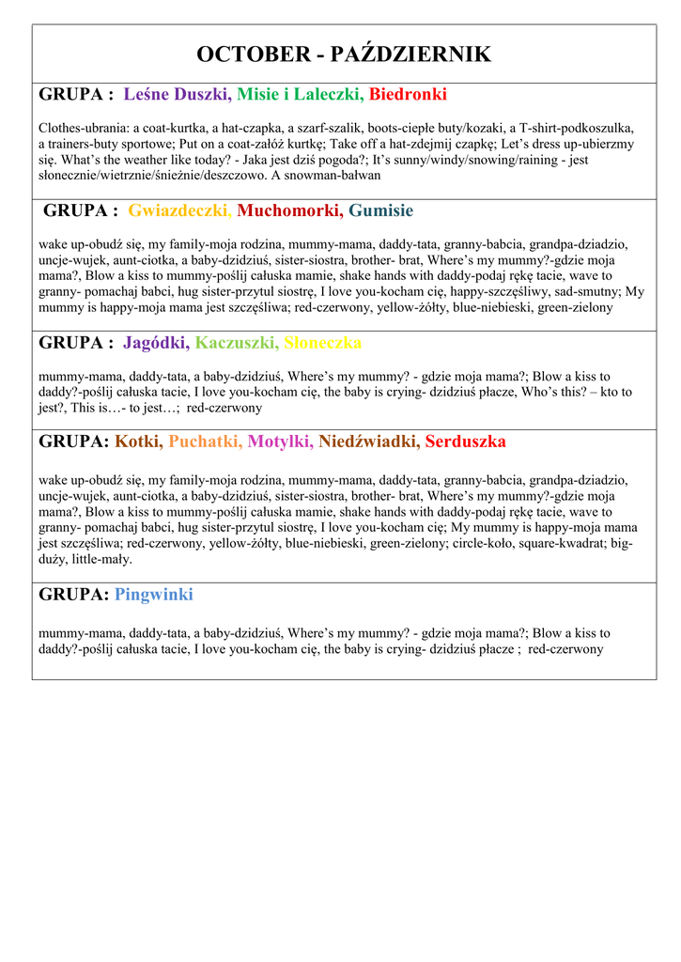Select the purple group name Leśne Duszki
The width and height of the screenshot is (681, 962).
pos(177,95)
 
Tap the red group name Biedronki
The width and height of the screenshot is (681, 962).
pos(408,95)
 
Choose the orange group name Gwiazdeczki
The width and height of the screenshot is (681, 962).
pos(180,210)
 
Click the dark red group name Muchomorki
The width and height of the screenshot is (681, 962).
pos(290,210)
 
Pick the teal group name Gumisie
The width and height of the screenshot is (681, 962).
pos(380,210)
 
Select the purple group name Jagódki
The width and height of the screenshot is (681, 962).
pos(156,343)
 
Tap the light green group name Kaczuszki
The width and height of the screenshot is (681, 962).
pos(237,343)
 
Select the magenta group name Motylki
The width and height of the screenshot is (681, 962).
pos(280,442)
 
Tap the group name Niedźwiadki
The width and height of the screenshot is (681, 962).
pos(368,442)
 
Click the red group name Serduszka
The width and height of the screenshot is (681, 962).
pos(465,442)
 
